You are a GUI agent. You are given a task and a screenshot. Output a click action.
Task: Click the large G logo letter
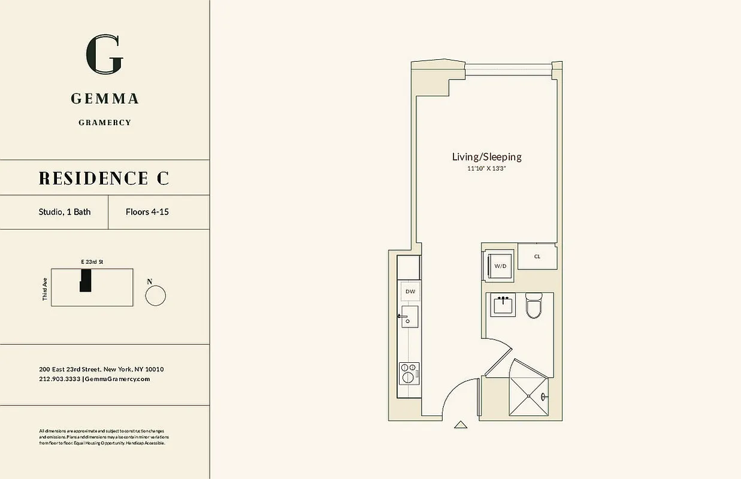click(105, 54)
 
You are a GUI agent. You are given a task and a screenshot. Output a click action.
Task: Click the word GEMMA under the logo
click(105, 99)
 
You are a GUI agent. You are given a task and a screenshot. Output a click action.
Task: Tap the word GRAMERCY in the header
click(105, 123)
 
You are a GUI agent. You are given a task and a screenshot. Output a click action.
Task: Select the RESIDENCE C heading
click(104, 178)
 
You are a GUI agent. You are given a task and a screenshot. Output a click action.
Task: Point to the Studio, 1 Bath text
click(65, 212)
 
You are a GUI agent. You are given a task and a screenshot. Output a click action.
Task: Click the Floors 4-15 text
click(147, 212)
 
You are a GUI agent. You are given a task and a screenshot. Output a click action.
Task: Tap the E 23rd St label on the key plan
click(92, 262)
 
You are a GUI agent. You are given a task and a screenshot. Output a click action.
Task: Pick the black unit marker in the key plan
click(86, 280)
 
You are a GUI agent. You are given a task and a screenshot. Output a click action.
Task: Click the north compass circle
click(156, 295)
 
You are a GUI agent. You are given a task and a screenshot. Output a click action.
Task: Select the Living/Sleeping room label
click(486, 157)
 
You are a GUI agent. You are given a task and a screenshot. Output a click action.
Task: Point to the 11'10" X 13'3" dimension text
click(486, 169)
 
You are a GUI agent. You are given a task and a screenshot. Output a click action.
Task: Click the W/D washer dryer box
click(500, 265)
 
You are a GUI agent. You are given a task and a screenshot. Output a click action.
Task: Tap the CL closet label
click(537, 257)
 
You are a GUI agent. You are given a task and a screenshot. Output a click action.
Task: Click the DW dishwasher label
click(410, 292)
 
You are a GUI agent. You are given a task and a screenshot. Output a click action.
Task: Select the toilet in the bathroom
click(534, 306)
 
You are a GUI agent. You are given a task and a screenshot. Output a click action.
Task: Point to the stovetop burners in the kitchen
click(409, 373)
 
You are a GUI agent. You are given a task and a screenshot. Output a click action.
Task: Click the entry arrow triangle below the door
click(460, 425)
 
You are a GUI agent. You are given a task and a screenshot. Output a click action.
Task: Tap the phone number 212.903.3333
click(60, 379)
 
